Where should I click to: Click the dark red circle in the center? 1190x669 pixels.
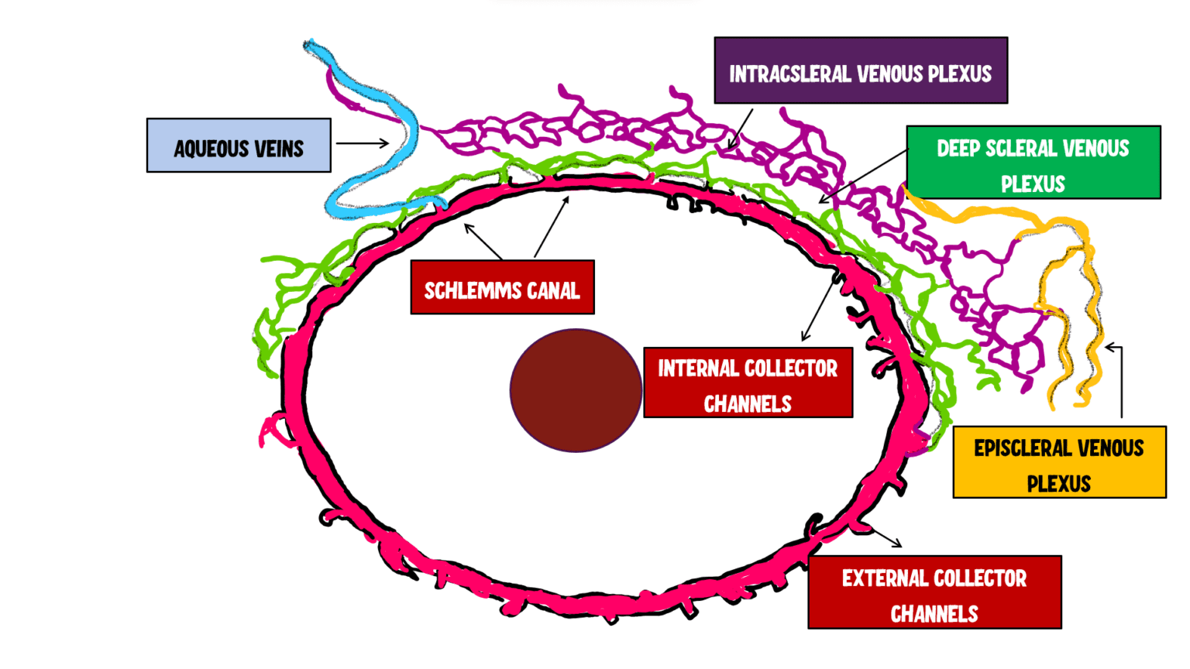pos(576,390)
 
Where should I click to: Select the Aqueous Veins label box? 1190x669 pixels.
pos(239,146)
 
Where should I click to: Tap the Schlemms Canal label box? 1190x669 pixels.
pos(502,287)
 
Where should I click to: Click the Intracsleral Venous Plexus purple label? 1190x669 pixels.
pos(860,70)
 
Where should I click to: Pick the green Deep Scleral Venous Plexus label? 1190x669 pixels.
pos(1033,163)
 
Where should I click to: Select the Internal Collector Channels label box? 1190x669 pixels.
pos(748,383)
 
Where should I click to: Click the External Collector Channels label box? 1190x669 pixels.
pos(934,592)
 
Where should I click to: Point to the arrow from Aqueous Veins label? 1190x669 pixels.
pos(362,143)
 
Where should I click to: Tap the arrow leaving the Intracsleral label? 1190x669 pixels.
pos(741,129)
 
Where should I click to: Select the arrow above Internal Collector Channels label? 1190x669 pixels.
pos(817,310)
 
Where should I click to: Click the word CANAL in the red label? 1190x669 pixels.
pos(552,291)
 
